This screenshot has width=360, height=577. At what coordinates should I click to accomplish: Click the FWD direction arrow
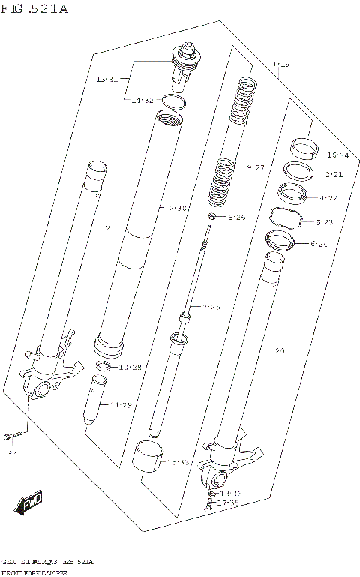coord(30,502)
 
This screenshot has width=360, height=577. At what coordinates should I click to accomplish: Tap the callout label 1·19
coord(281,65)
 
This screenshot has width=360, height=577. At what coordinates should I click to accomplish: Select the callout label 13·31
coord(107,79)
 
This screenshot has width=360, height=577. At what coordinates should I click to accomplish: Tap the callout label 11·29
coord(121,405)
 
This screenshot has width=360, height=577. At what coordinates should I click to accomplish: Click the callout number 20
coord(280,350)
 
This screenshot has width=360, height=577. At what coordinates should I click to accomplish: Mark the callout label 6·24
coord(318,244)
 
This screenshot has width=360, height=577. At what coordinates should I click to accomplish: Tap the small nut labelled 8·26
coord(214,218)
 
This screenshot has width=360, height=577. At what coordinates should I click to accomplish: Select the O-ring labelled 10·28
coord(103,366)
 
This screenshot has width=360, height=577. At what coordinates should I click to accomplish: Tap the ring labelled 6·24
coord(278,241)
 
